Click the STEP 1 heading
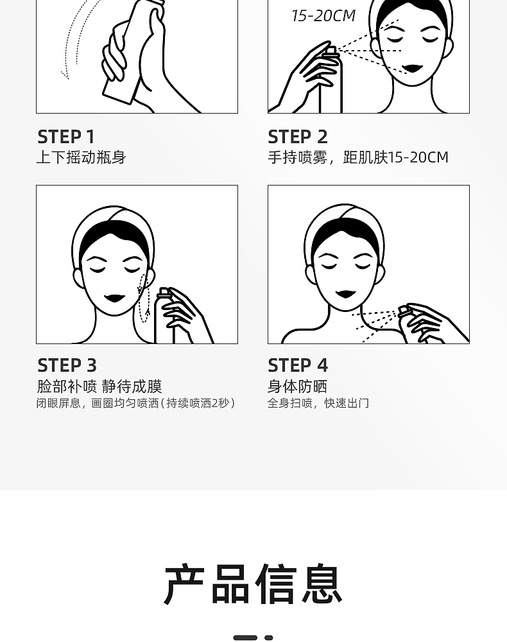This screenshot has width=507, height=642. tap(66, 137)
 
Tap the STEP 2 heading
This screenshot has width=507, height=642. tap(298, 137)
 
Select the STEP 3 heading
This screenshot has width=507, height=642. tap(67, 365)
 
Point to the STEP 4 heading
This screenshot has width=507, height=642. tap(298, 365)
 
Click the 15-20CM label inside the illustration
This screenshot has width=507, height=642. tap(323, 16)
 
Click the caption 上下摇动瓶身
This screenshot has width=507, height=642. tap(81, 157)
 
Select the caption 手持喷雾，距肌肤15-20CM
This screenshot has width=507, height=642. tap(358, 157)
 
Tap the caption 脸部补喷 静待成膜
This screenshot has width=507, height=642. tap(99, 386)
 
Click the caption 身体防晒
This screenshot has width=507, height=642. tap(297, 386)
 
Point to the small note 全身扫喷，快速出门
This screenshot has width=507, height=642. tap(318, 403)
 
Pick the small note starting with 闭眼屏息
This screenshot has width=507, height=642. tap(136, 403)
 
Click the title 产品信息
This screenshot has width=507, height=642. tap(253, 584)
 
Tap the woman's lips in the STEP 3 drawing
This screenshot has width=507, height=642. tap(114, 298)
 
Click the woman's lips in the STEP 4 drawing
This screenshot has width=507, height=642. tap(346, 294)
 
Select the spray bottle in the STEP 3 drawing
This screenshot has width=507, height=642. tap(164, 315)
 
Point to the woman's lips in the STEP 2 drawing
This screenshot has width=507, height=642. tap(412, 68)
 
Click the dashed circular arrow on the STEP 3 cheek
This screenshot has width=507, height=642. tap(143, 298)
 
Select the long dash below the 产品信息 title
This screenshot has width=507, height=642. tap(245, 638)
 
